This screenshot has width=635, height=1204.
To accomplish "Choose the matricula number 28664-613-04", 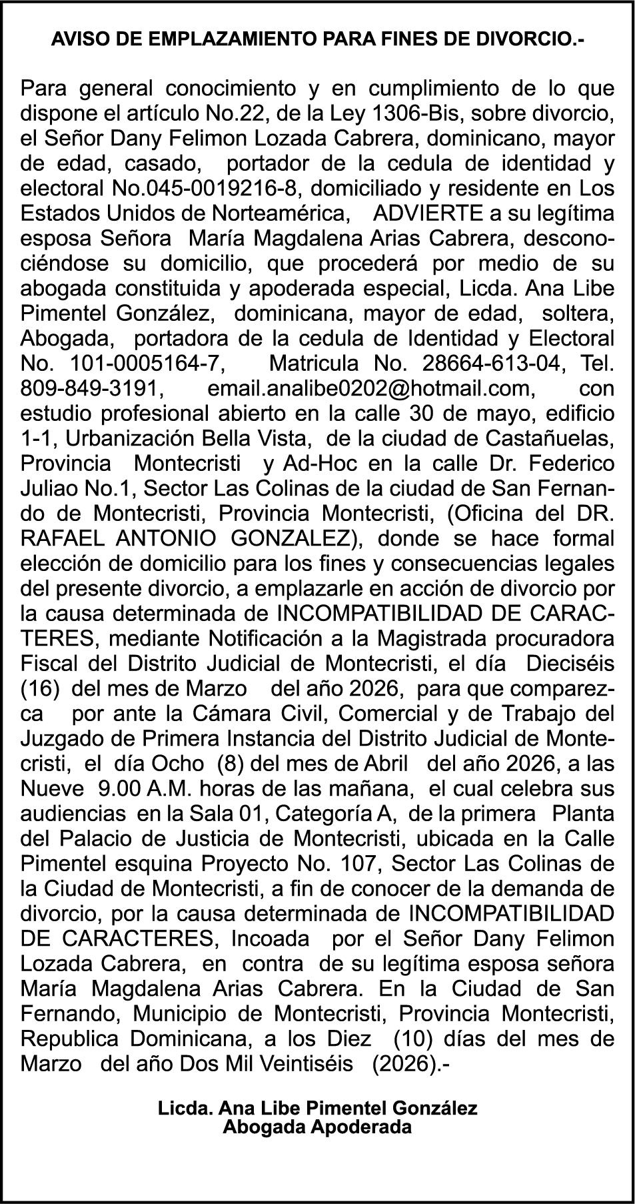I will pyautogui.click(x=494, y=364).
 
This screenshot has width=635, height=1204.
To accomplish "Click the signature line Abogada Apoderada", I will pyautogui.click(x=317, y=1128).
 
